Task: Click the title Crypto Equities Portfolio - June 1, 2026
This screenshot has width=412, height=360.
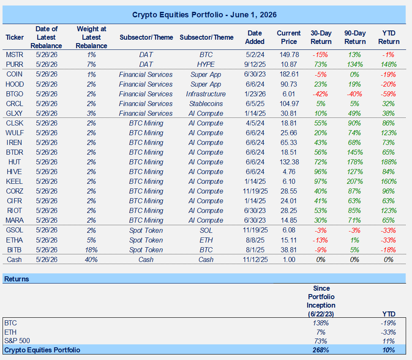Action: coord(204,15)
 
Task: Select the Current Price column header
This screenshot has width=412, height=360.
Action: coord(289,37)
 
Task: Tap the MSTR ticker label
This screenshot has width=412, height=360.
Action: coord(14,55)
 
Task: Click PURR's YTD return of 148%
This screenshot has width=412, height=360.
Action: coord(389,64)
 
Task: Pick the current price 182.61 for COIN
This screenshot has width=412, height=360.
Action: coord(289,74)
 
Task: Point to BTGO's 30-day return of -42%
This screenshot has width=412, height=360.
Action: coord(320,94)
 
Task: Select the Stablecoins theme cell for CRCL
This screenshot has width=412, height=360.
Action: coord(206,104)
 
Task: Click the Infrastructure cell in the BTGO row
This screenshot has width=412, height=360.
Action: coord(206,94)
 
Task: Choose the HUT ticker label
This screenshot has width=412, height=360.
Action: coord(14,162)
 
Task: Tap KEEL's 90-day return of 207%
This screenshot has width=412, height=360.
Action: coord(355,181)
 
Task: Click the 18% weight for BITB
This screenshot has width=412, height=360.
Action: coord(91,250)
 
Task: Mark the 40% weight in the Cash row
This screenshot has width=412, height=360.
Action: coord(91,259)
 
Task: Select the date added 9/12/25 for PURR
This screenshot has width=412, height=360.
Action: coord(255,64)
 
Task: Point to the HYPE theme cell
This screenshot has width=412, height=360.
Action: coord(206,64)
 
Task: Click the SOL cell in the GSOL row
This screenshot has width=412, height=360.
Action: coord(206,230)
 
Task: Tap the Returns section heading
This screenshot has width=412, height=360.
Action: coord(16,279)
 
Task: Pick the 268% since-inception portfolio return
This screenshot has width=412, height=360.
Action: coord(321,350)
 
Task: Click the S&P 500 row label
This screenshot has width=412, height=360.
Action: coord(17,341)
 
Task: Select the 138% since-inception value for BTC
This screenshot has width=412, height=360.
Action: coord(321,323)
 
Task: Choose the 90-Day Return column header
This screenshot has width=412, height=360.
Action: coord(355,37)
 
